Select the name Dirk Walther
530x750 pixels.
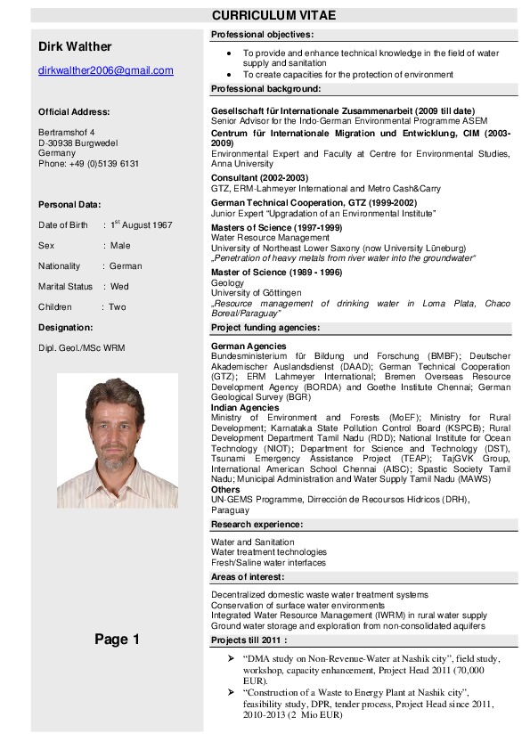point(75,46)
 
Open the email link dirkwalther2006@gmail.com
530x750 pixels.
point(105,70)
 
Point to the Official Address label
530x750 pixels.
point(74,111)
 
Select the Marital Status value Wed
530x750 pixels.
point(119,287)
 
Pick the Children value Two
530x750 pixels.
point(118,307)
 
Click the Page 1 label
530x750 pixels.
point(117,640)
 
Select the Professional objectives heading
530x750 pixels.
point(262,34)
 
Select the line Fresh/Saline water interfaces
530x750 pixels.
point(268,563)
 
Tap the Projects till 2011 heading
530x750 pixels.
point(249,640)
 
